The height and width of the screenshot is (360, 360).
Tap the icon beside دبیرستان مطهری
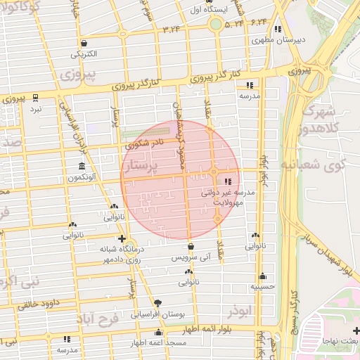point(278,30)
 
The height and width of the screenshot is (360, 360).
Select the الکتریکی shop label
point(84,53)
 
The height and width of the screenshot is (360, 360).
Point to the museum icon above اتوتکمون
point(83,167)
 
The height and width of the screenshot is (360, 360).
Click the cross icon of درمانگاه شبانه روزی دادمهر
point(122,238)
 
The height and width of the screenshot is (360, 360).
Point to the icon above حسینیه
point(262,276)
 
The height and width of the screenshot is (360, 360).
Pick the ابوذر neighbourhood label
point(240,309)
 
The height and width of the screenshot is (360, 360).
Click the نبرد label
point(35,109)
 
